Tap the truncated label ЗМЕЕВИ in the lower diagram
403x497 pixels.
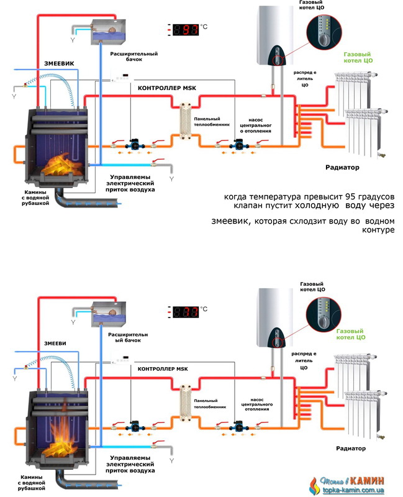[x=57, y=343]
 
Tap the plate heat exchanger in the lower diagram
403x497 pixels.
[x=184, y=403]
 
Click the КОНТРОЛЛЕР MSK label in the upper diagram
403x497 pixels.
[x=168, y=89]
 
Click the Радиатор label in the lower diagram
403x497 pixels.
[x=343, y=448]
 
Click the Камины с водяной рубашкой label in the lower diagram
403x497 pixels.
[x=29, y=481]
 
